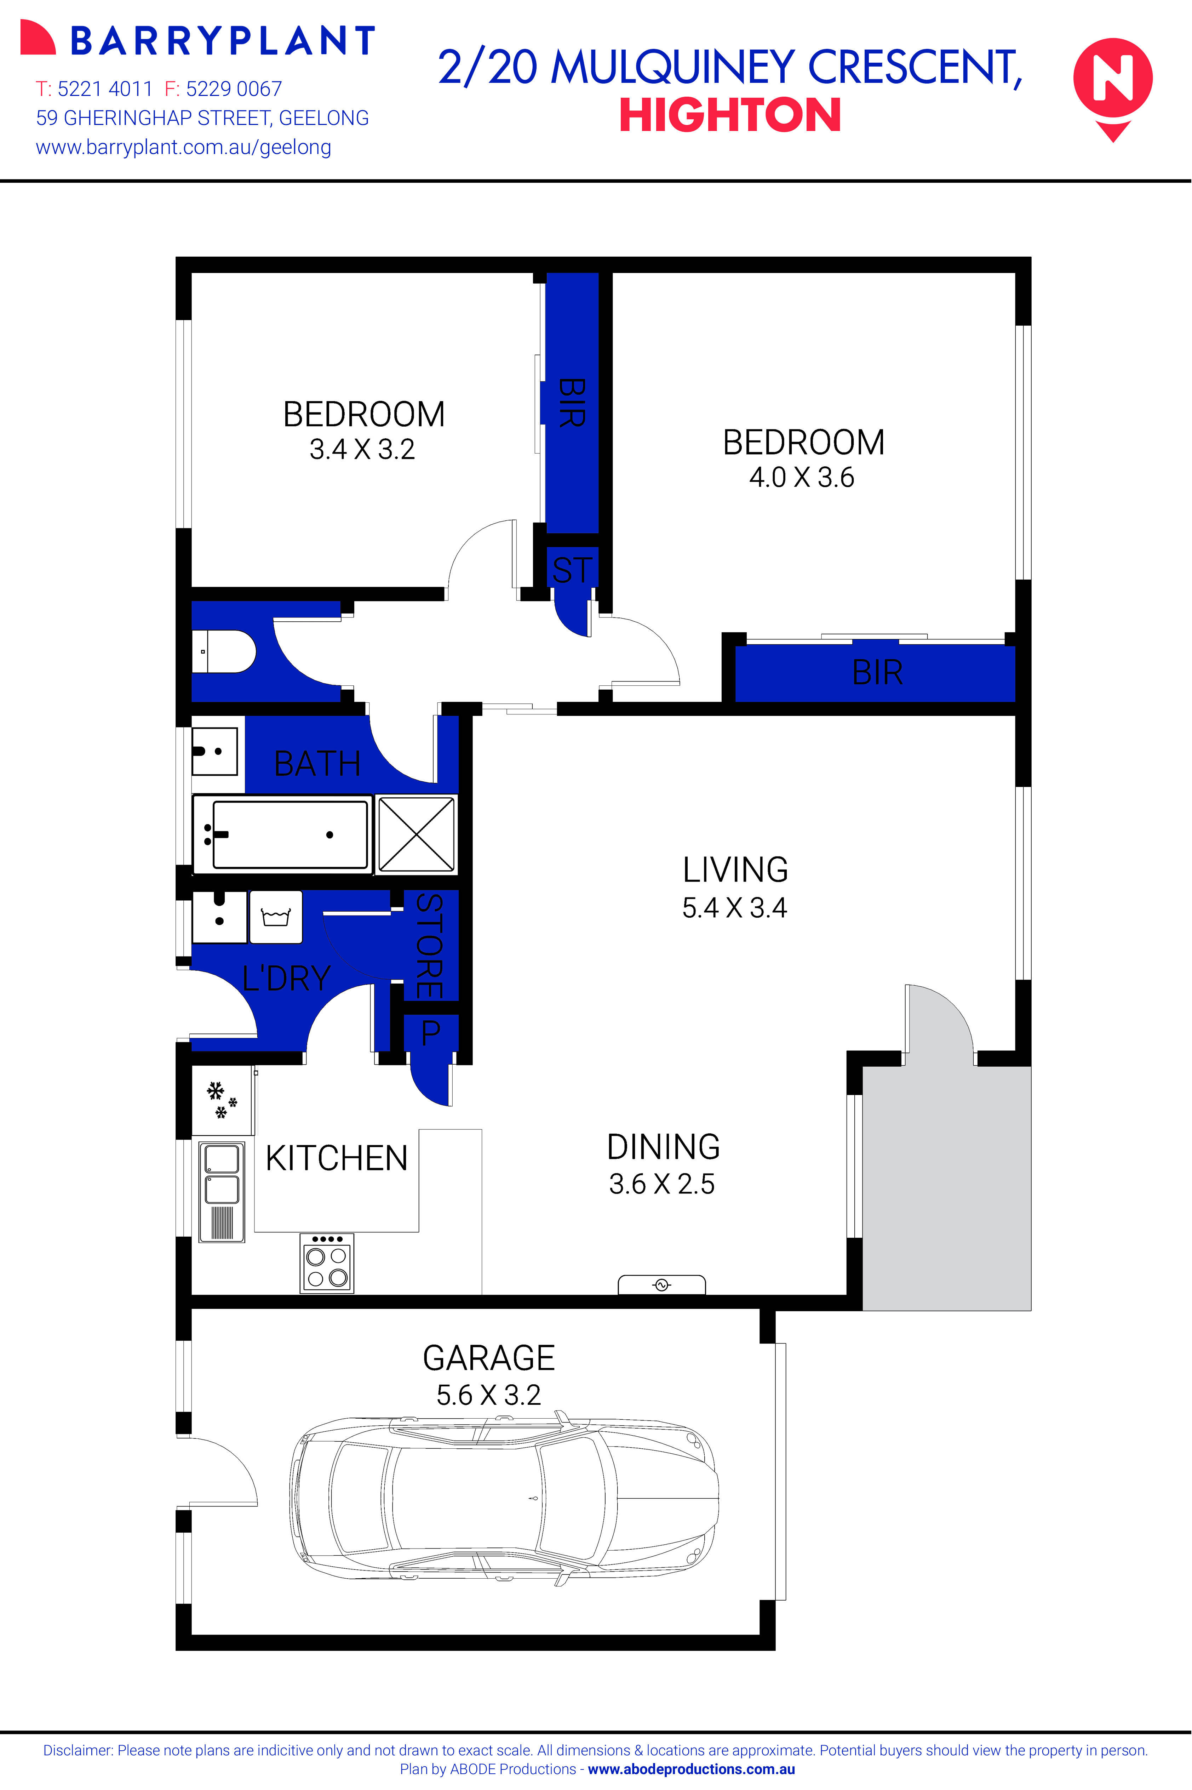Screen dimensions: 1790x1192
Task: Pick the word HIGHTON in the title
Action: (730, 115)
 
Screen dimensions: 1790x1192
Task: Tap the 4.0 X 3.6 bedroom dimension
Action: (802, 478)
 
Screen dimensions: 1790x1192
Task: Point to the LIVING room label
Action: (735, 870)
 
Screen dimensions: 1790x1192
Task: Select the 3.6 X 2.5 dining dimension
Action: (661, 1184)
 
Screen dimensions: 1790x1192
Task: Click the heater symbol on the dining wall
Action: (661, 1284)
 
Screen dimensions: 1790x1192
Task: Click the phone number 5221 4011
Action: (105, 89)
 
